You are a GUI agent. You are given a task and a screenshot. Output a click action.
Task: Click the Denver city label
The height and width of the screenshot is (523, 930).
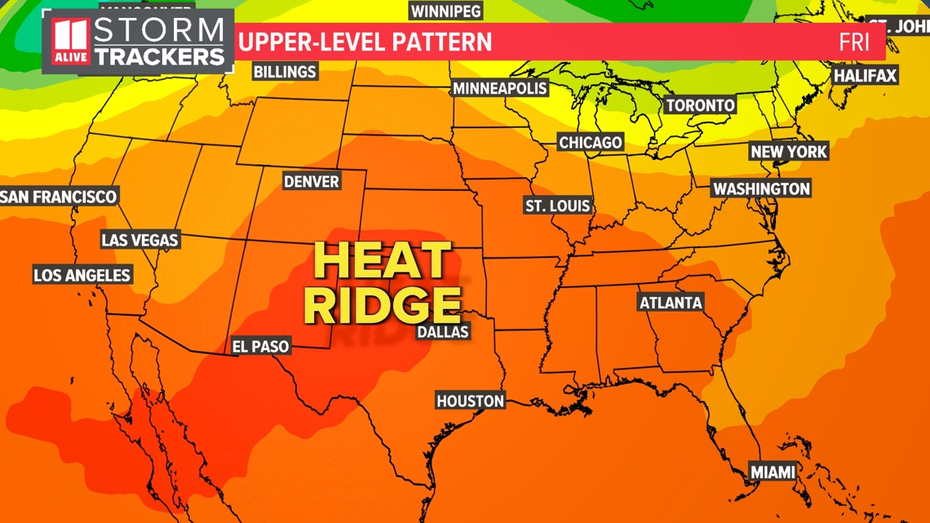pos(312,181)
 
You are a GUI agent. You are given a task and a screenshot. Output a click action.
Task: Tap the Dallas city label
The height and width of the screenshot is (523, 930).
pos(443,331)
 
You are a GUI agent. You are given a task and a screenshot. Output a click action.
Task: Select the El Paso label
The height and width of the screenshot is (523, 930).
pos(260,346)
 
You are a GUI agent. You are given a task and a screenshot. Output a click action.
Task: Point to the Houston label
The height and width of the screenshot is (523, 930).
pos(471,401)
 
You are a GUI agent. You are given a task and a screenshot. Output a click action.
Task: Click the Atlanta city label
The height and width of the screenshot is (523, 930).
pos(671,303)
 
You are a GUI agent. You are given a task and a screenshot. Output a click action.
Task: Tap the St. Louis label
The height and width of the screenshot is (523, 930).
pos(558,206)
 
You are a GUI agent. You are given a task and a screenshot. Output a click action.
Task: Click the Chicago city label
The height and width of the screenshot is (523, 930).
pos(591,142)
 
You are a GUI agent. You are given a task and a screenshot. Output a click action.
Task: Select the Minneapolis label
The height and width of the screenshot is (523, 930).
pos(500,88)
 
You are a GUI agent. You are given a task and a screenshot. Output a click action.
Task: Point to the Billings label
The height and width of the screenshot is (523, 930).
pos(285,72)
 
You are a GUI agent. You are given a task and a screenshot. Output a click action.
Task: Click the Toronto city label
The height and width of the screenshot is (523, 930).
pos(700,105)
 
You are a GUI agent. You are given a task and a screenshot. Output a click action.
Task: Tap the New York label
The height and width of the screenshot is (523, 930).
pos(789,152)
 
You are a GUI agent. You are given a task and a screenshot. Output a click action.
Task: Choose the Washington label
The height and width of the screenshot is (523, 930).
pos(762,188)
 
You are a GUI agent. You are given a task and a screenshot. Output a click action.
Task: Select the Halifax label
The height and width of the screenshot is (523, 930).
pos(865,76)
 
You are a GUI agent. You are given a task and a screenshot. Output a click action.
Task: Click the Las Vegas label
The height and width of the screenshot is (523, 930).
pos(139,240)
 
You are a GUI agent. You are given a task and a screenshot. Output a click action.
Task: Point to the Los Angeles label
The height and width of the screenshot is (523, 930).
pos(82,275)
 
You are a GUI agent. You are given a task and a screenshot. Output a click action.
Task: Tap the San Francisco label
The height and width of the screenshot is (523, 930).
pos(59,197)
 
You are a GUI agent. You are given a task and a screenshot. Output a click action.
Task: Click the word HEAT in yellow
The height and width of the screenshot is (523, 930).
pos(382,262)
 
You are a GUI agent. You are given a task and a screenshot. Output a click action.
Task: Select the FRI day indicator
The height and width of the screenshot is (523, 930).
pos(854,42)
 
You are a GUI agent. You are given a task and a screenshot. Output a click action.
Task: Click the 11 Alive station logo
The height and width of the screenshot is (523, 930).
pos(70,41)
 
